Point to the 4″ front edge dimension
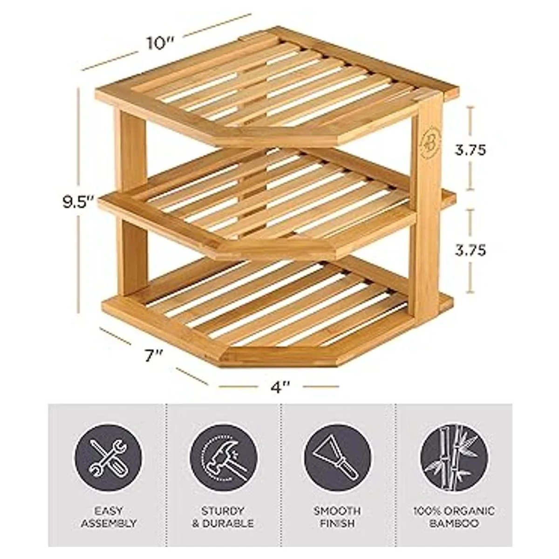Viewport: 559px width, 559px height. pos(279,387)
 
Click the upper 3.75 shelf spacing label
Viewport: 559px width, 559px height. pos(470,150)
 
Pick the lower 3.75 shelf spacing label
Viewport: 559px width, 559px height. pos(470,250)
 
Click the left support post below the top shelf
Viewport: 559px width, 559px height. pos(130,150)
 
